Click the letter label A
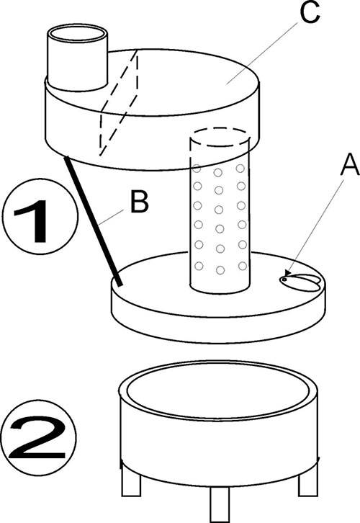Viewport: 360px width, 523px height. [329, 167]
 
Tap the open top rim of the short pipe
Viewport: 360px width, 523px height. [77, 32]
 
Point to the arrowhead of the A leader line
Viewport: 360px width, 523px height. [287, 273]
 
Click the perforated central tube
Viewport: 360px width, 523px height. [220, 216]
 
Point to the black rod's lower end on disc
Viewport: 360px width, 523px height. [116, 281]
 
